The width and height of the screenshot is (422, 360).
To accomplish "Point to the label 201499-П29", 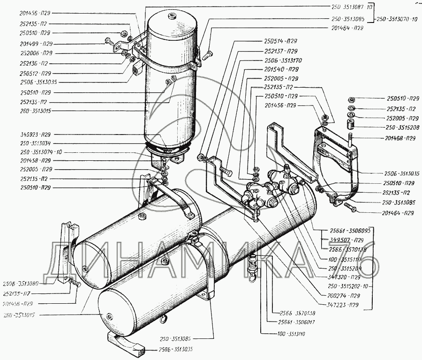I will coord(36,43).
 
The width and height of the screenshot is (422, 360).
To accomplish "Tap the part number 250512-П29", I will coord(36,73).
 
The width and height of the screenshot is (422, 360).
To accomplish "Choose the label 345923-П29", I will coord(36,134).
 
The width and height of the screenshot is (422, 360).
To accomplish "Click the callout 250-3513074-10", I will coord(41,152).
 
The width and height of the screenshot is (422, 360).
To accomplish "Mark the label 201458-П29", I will coord(36,160).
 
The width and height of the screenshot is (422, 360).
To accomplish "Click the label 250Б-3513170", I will coord(283,60).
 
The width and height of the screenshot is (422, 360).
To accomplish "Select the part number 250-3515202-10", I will coord(349,285).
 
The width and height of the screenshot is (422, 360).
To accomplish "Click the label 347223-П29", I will coord(344,305).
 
